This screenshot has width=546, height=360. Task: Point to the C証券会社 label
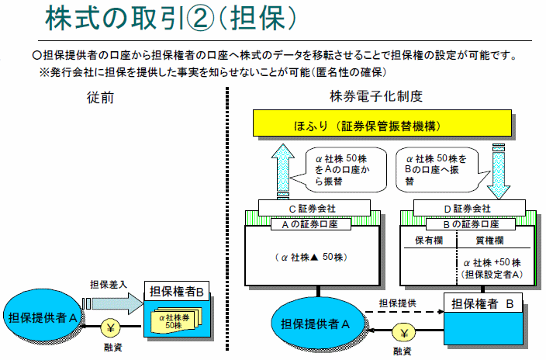pyautogui.click(x=309, y=209)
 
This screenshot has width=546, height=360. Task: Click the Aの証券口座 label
pyautogui.click(x=309, y=223)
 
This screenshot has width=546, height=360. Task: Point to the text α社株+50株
pyautogui.click(x=492, y=262)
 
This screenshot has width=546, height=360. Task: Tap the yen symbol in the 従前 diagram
pyautogui.click(x=110, y=327)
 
